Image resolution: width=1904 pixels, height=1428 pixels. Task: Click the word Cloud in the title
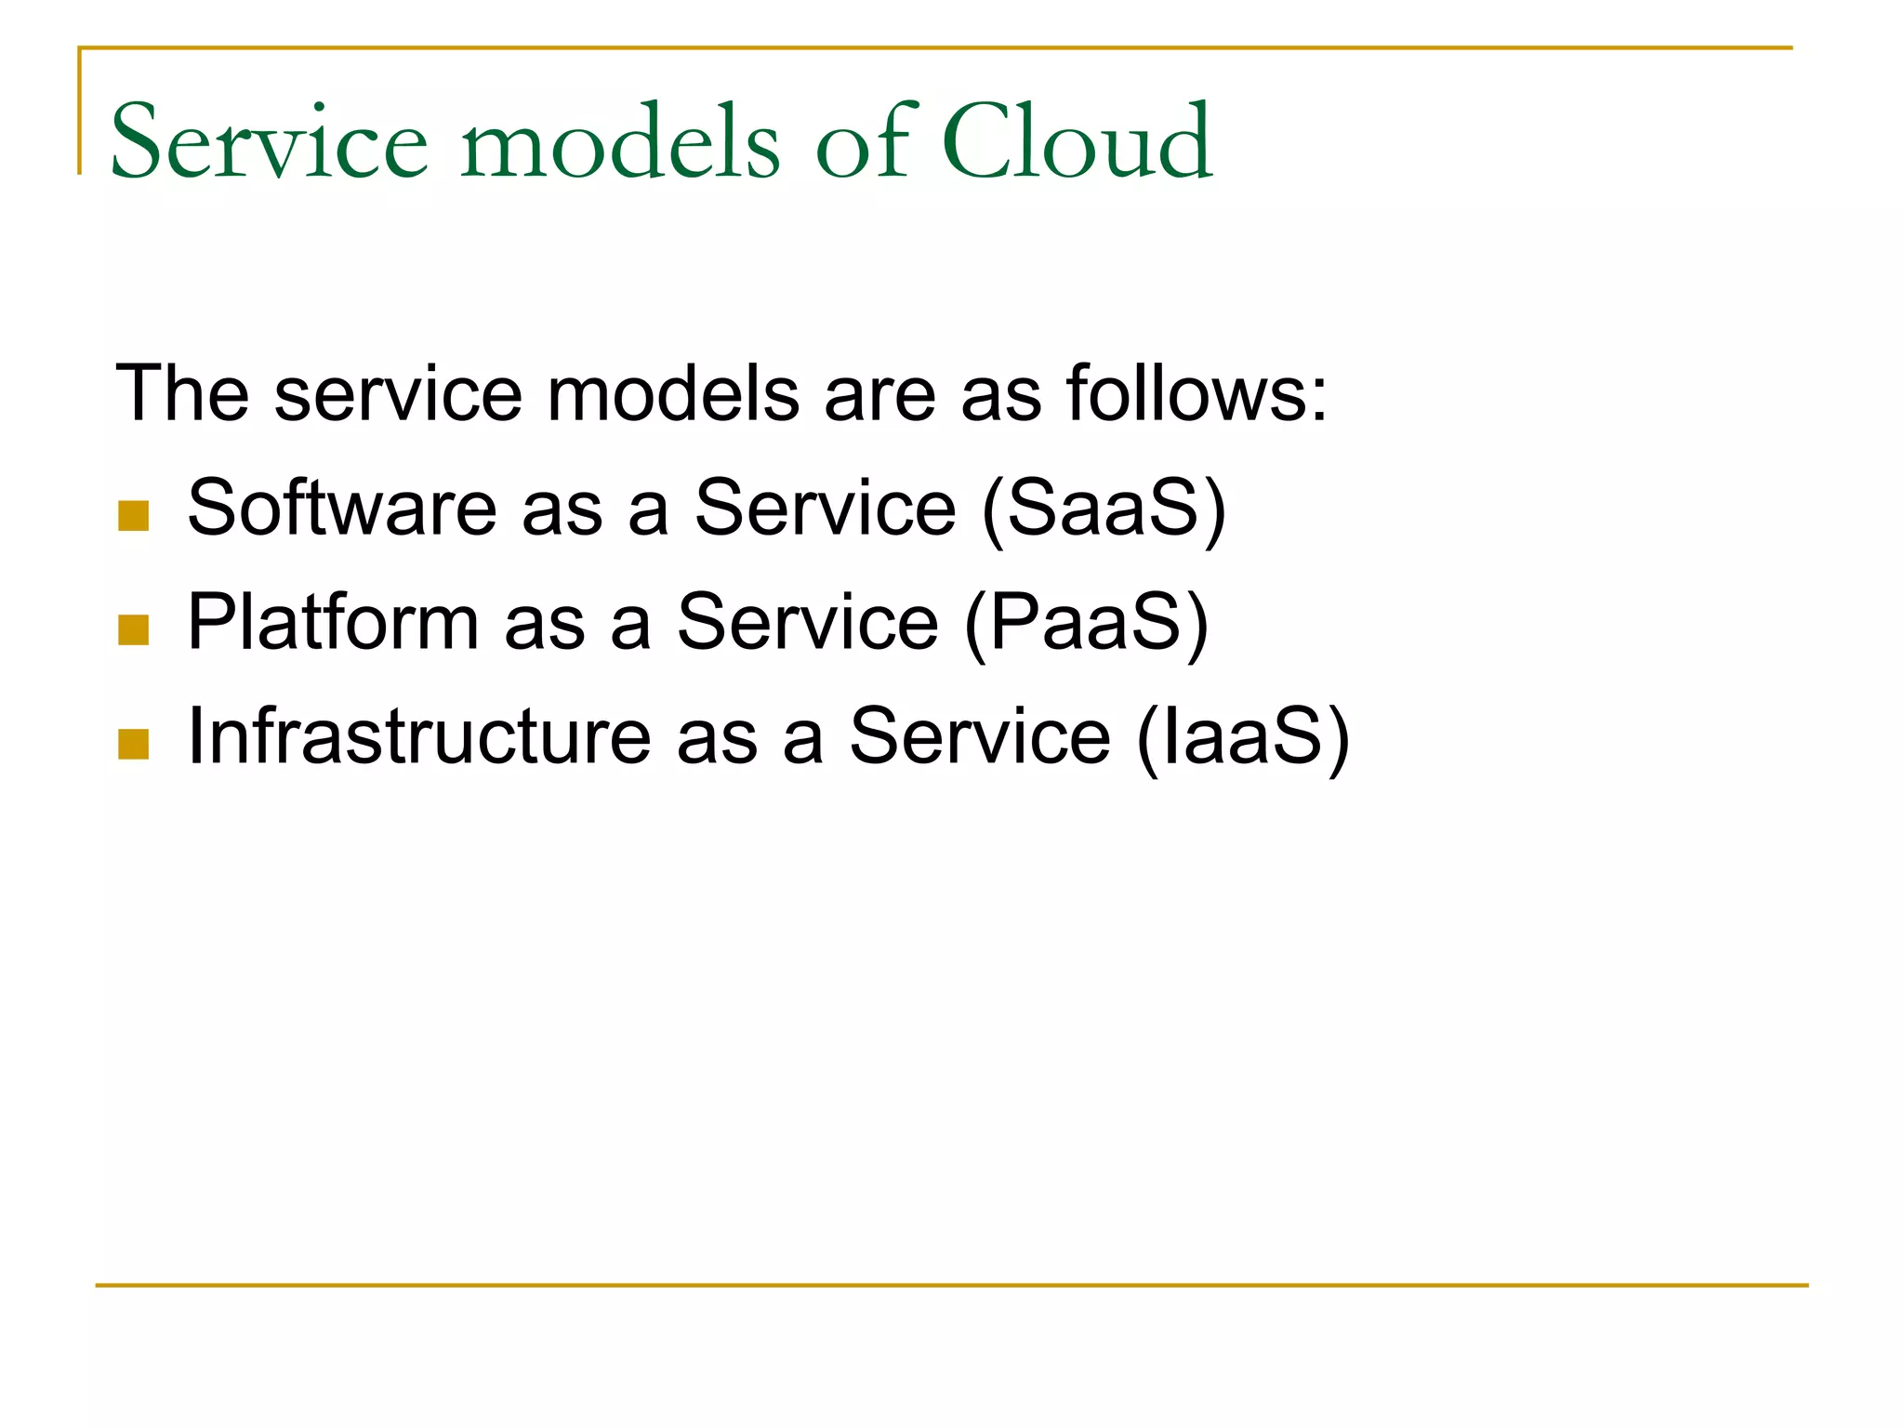pos(1077,141)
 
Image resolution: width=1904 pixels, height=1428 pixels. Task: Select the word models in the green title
pos(620,141)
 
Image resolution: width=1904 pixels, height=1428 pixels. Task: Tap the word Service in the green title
pos(270,141)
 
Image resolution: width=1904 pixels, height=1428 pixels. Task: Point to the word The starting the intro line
pos(182,393)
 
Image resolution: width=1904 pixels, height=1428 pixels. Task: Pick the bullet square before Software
pos(134,516)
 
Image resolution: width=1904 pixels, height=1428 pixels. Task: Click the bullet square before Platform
pos(134,630)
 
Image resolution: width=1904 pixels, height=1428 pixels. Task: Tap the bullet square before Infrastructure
pos(134,745)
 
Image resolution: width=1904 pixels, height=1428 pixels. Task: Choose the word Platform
pos(333,622)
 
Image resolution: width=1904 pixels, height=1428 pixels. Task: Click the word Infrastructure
pos(419,736)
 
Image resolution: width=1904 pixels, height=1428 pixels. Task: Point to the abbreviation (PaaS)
pos(1087,624)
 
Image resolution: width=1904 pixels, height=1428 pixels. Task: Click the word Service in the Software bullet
pos(826,508)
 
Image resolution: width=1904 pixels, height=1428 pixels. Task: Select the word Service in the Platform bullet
pos(808,622)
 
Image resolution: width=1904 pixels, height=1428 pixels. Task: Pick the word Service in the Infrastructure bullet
pos(980,736)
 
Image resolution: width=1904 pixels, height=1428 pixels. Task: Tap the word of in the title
pos(866,141)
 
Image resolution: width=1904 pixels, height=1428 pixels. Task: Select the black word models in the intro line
pos(673,393)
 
